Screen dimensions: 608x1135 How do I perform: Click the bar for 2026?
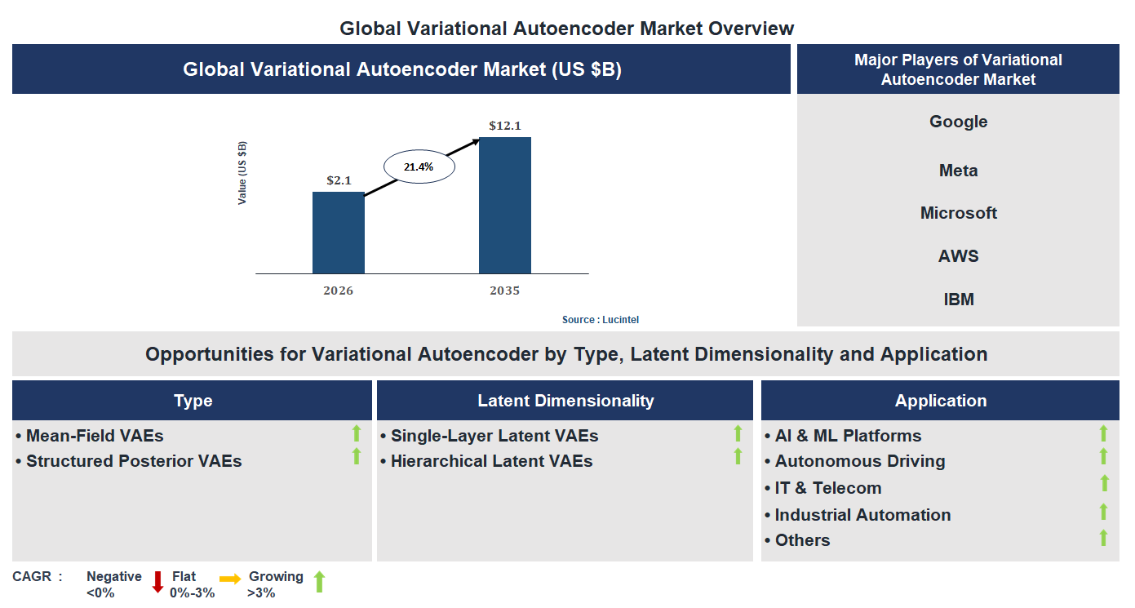338,233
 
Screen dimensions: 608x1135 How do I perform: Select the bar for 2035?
504,205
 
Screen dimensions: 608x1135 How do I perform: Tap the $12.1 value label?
504,126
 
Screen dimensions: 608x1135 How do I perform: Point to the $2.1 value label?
339,180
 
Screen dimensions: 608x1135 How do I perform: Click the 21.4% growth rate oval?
419,166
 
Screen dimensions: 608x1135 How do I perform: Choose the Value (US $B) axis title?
242,173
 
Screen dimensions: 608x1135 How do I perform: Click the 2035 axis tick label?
504,291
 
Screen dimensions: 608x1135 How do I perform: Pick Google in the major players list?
958,122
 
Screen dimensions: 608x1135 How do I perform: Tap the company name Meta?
958,171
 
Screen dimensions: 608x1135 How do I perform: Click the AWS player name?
958,256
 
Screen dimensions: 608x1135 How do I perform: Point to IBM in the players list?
958,300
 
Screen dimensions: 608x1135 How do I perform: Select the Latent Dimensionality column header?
565,401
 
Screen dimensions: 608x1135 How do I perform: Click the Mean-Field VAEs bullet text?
95,436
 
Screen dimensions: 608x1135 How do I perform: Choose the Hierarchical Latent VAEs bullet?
491,461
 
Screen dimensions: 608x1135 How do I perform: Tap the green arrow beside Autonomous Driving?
1103,457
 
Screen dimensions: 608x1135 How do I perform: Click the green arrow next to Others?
1103,538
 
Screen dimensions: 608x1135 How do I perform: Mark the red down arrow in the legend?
157,581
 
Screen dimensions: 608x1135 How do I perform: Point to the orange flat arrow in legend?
230,579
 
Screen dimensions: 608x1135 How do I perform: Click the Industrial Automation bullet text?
862,515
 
